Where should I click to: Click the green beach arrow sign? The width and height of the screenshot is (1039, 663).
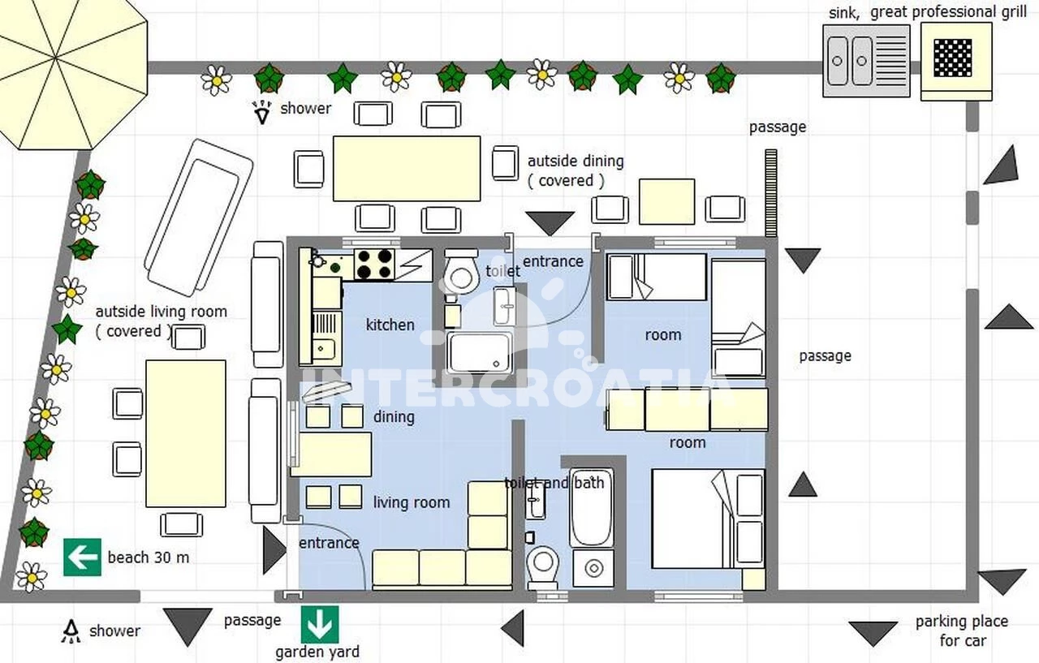point(82,557)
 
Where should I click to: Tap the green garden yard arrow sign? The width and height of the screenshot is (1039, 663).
point(320,624)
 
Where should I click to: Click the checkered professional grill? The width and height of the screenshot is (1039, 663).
point(955,61)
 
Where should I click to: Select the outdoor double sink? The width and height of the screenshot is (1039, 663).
point(866,61)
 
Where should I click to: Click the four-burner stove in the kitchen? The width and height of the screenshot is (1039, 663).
point(374,265)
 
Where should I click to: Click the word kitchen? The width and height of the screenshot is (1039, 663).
point(390,325)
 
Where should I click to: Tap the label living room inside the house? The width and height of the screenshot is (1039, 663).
point(412,502)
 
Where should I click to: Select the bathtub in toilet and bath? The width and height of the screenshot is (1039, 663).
point(592,507)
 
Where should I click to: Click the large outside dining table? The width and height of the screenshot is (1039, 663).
point(407,168)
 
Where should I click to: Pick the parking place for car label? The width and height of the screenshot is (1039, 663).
point(962,631)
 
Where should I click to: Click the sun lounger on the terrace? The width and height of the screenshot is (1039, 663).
point(199,218)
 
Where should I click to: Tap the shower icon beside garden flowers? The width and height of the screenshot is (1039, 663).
point(262,112)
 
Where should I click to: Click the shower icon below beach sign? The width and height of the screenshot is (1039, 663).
point(71,631)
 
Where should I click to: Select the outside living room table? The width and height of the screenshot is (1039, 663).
point(186,433)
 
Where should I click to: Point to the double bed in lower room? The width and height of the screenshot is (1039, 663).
point(708,519)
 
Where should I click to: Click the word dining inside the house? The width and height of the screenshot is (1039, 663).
point(394,417)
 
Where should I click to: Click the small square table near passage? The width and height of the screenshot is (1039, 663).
point(667,202)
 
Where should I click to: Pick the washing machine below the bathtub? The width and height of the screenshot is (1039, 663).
point(593,568)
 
